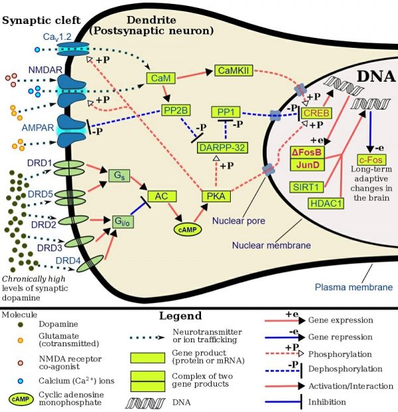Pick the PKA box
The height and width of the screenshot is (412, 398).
[x=214, y=195]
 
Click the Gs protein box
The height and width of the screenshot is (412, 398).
[x=117, y=176]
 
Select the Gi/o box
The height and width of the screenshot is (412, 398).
[x=120, y=220]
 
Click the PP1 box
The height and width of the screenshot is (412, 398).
[x=226, y=112]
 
